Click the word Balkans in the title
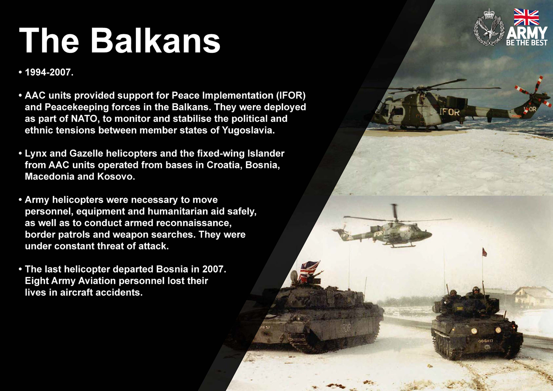[x=156, y=40]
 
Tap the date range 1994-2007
[x=49, y=72]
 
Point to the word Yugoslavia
[x=248, y=130]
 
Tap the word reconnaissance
[x=194, y=223]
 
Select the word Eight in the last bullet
[x=36, y=281]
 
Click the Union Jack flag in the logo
[x=526, y=17]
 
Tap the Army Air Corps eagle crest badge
[x=489, y=28]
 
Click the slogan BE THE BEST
[x=527, y=43]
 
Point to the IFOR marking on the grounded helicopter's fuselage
[x=450, y=112]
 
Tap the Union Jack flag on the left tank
[x=309, y=271]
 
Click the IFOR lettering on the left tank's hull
[x=345, y=328]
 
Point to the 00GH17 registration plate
[x=486, y=341]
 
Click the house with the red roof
[x=531, y=298]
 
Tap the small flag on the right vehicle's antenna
[x=484, y=252]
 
